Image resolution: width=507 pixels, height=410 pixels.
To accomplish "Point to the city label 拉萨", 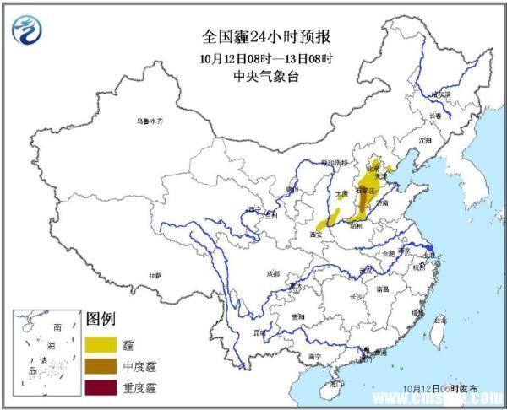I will [x=154, y=275].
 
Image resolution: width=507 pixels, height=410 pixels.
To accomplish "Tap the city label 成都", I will [x=272, y=273].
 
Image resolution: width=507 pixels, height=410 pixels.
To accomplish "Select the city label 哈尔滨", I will [x=440, y=94].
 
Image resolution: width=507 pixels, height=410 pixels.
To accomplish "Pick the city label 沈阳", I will [x=423, y=139].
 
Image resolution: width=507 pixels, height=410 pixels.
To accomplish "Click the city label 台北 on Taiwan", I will [x=439, y=321].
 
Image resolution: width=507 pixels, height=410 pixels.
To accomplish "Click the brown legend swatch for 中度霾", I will [x=101, y=367].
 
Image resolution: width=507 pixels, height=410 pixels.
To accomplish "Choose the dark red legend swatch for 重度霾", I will [x=101, y=388].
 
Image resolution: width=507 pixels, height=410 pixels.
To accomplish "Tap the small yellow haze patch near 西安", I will [x=326, y=224].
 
